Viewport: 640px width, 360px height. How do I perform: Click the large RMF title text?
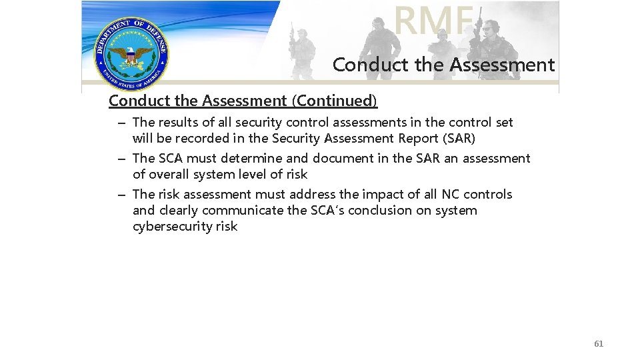(x=433, y=20)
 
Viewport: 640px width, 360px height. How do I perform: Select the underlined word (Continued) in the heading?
(x=335, y=101)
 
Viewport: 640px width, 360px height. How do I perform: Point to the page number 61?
(x=599, y=343)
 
